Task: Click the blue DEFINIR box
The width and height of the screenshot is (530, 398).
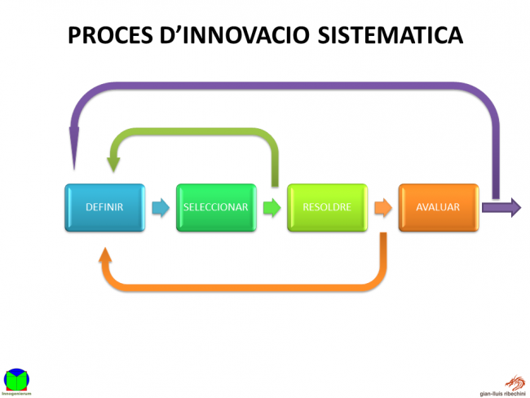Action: point(104,207)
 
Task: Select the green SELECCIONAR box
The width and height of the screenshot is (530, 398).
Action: point(216,207)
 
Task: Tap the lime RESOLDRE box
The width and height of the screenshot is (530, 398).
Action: point(327,207)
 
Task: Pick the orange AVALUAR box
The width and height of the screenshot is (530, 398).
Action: point(438,207)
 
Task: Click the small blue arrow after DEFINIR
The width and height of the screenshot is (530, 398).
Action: point(161,207)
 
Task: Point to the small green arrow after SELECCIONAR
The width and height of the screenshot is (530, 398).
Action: point(272,207)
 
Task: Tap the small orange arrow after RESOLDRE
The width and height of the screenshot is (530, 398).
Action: point(382,207)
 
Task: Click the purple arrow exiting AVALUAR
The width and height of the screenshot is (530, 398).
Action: point(501,207)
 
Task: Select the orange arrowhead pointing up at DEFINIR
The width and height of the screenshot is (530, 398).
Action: point(106,255)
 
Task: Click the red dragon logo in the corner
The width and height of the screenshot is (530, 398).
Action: point(515,380)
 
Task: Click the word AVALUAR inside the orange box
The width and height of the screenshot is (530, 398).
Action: point(438,207)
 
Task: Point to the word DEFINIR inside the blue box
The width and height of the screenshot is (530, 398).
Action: point(104,207)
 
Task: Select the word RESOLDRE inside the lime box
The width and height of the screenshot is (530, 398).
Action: point(327,207)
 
